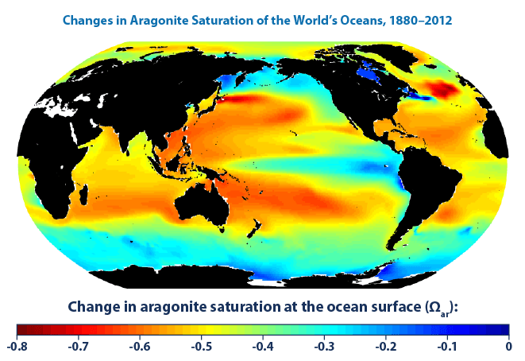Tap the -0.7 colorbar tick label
coord(78,347)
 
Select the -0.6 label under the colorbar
coord(139,347)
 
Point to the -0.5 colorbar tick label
coord(201,347)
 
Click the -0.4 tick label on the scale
coord(262,347)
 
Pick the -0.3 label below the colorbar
coord(323,347)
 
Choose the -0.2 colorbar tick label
coord(385,347)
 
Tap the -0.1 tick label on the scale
coord(446,347)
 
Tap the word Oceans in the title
coord(348,17)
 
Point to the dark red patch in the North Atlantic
coord(439,89)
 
